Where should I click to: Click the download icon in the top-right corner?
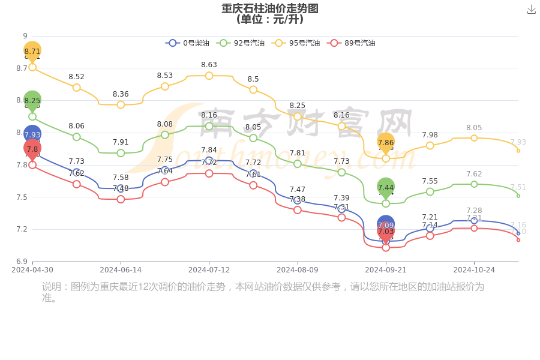point(532,9)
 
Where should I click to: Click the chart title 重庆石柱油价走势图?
point(270,8)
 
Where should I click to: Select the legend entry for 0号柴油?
point(188,43)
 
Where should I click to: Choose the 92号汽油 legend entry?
point(242,43)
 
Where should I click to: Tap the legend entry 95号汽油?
point(297,43)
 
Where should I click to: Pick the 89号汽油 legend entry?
point(352,43)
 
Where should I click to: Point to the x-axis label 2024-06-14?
point(121,270)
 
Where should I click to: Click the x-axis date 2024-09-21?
point(386,270)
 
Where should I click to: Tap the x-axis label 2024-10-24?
point(474,270)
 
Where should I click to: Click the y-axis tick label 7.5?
point(21,197)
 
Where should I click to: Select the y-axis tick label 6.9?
point(21,262)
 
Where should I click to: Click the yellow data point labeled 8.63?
point(209,76)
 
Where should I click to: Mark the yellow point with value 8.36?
point(121,104)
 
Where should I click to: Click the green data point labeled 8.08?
point(165,134)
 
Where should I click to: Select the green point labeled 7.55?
point(430,191)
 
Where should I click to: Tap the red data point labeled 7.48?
point(121,199)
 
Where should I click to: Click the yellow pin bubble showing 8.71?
point(32,51)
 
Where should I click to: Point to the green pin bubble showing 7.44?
point(386,187)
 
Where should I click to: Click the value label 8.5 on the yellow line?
point(253,79)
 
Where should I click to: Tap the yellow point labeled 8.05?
point(474,138)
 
